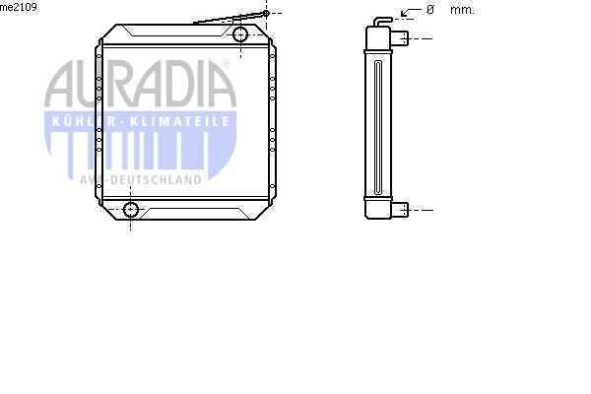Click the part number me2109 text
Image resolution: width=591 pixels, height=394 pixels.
(19, 7)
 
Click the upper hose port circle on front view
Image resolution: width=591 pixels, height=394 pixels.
(240, 34)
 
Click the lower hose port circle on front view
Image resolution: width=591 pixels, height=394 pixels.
(131, 209)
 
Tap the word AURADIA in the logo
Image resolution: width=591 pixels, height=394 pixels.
(140, 84)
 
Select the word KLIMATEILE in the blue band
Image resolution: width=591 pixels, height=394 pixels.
(179, 121)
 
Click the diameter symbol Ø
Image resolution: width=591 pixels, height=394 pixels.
(430, 10)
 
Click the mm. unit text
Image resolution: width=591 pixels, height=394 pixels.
(462, 10)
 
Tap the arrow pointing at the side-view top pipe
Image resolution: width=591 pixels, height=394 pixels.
(411, 12)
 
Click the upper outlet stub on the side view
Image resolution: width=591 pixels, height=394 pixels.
(400, 38)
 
